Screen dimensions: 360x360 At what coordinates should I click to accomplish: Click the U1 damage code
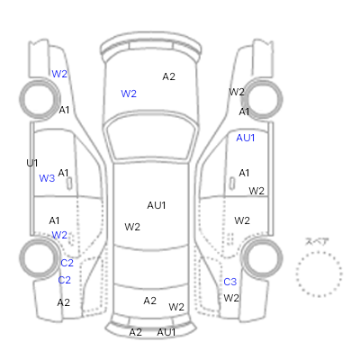pyautogui.click(x=32, y=163)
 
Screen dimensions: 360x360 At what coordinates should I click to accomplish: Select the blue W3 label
pyautogui.click(x=47, y=178)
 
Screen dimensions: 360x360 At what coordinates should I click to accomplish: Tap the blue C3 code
pyautogui.click(x=230, y=282)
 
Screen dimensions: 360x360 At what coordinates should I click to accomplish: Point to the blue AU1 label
pyautogui.click(x=246, y=138)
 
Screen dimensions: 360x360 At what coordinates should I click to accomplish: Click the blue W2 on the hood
pyautogui.click(x=129, y=94)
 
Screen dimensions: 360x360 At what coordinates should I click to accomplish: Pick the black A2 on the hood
pyautogui.click(x=168, y=76)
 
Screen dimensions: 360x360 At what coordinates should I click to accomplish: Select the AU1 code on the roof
pyautogui.click(x=157, y=205)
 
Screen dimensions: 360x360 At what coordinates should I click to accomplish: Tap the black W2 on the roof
pyautogui.click(x=132, y=227)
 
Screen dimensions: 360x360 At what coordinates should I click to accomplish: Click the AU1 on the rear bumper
pyautogui.click(x=166, y=332)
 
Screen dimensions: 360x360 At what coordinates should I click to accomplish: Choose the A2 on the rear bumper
pyautogui.click(x=135, y=332)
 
